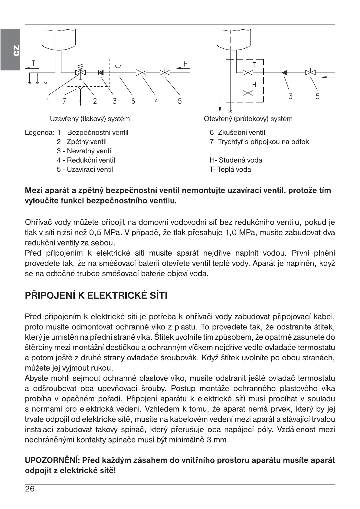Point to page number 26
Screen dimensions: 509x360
[x=30, y=489]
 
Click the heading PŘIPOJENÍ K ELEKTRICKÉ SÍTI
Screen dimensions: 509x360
[x=96, y=295]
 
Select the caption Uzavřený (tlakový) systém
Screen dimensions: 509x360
[x=90, y=119]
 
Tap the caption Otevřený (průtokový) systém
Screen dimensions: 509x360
[x=248, y=119]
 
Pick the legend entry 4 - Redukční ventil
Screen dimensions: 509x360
[x=86, y=160]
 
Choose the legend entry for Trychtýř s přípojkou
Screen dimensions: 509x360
[x=259, y=142]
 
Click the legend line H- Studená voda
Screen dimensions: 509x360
[x=236, y=160]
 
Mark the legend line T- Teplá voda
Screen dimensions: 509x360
[x=230, y=170]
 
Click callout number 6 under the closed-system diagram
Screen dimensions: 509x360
[x=133, y=102]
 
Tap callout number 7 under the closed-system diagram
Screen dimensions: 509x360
[x=64, y=102]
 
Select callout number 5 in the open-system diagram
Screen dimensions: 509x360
[x=317, y=96]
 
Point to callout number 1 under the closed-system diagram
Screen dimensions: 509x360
[x=47, y=102]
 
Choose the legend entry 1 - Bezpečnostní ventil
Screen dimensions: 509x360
[x=93, y=133]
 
